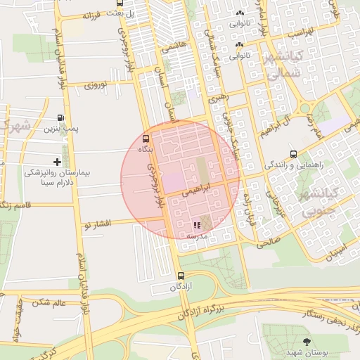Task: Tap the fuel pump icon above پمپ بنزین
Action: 62,118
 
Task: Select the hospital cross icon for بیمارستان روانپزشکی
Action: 57,162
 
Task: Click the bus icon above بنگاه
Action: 146,139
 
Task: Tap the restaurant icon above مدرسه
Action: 196,225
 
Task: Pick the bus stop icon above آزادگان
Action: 181,276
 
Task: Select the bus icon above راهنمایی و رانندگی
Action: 293,154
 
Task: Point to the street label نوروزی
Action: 95,85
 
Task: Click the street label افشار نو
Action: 97,224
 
